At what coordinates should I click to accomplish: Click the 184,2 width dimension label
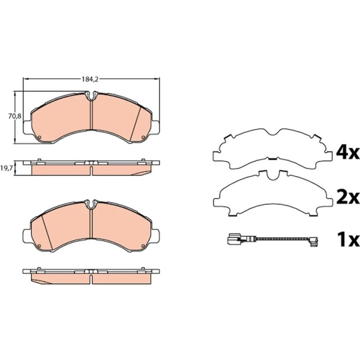pyautogui.click(x=90, y=79)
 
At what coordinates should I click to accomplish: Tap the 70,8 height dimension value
pyautogui.click(x=15, y=116)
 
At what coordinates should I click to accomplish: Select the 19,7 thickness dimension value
pyautogui.click(x=6, y=168)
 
